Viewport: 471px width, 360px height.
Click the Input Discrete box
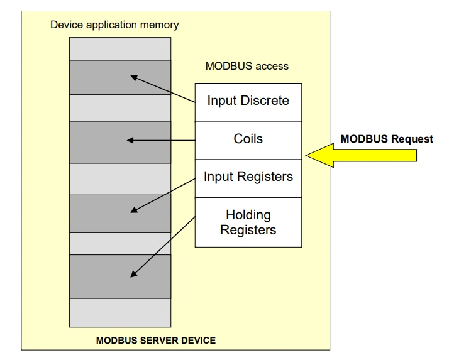coord(248,102)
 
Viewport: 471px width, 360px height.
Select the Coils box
coord(248,140)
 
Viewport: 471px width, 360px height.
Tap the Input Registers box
coord(248,178)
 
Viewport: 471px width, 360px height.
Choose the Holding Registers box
coord(248,222)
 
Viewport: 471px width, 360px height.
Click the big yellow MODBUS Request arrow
coord(361,155)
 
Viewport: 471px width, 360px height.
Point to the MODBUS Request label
coord(387,139)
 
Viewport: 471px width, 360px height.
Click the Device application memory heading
coord(114,25)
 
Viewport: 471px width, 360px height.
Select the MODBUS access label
coord(247,66)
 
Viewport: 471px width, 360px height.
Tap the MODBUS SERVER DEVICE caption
coord(155,340)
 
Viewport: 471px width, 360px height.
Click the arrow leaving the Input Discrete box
coord(163,89)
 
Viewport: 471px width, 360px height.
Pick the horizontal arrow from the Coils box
coord(161,140)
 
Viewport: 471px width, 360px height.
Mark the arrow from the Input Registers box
coord(163,195)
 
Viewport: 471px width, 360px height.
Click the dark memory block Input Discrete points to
coord(120,77)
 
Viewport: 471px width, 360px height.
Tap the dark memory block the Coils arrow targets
coord(120,142)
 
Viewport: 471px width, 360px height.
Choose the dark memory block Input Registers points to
coord(120,213)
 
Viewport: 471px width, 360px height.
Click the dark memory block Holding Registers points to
coord(120,276)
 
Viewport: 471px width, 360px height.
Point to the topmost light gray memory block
coord(120,49)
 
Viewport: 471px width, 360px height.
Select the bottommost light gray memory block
coord(120,313)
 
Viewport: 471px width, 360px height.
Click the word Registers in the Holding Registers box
coord(248,230)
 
